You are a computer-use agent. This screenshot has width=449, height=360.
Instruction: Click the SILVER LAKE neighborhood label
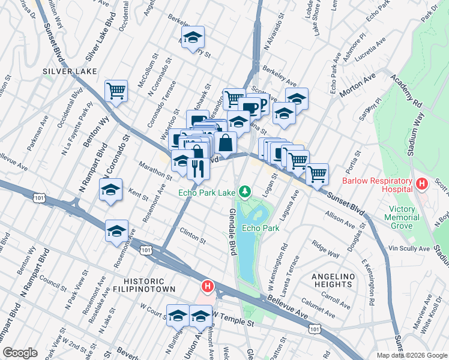[66, 71]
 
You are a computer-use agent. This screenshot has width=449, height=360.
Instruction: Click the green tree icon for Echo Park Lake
[244, 192]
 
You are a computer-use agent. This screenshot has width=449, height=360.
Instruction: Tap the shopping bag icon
[225, 142]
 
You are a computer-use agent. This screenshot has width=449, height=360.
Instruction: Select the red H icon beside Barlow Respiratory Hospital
[421, 182]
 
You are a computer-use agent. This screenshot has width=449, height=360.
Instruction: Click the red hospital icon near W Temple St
[208, 287]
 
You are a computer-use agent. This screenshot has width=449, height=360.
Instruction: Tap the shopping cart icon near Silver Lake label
[116, 91]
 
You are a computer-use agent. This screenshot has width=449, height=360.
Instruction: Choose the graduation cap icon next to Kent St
[110, 190]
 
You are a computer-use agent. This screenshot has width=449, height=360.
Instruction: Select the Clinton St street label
[193, 238]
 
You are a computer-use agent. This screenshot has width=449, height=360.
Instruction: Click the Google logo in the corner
[20, 353]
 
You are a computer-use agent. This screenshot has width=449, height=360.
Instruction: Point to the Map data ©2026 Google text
[412, 355]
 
